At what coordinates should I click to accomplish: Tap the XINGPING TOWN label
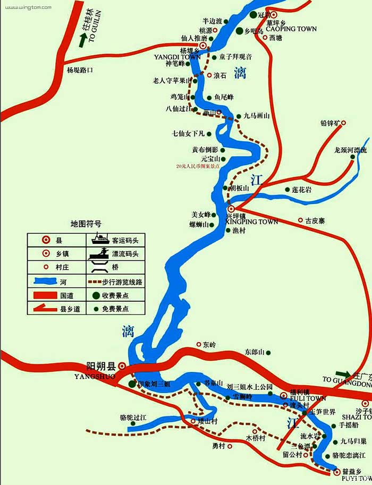pos(252,222)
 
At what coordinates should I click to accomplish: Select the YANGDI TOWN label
pos(177,56)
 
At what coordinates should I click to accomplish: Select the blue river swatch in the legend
pos(47,281)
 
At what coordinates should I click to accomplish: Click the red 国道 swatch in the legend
pos(47,295)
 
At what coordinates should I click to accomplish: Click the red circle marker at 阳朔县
pos(122,366)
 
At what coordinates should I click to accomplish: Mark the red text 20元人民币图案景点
pos(198,166)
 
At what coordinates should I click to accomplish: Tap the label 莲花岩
pos(301,190)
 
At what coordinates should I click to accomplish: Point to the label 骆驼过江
pos(132,418)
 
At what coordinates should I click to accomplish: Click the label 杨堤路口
pos(80,70)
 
